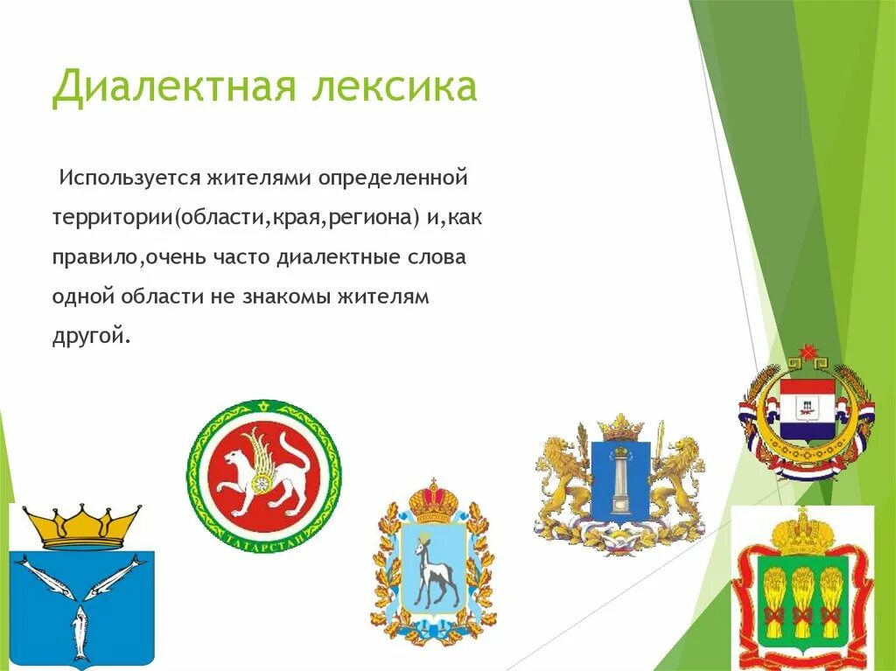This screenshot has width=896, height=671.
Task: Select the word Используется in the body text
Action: click(x=129, y=178)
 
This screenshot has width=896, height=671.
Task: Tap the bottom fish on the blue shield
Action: click(x=80, y=633)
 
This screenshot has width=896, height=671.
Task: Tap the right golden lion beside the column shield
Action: click(x=677, y=477)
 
